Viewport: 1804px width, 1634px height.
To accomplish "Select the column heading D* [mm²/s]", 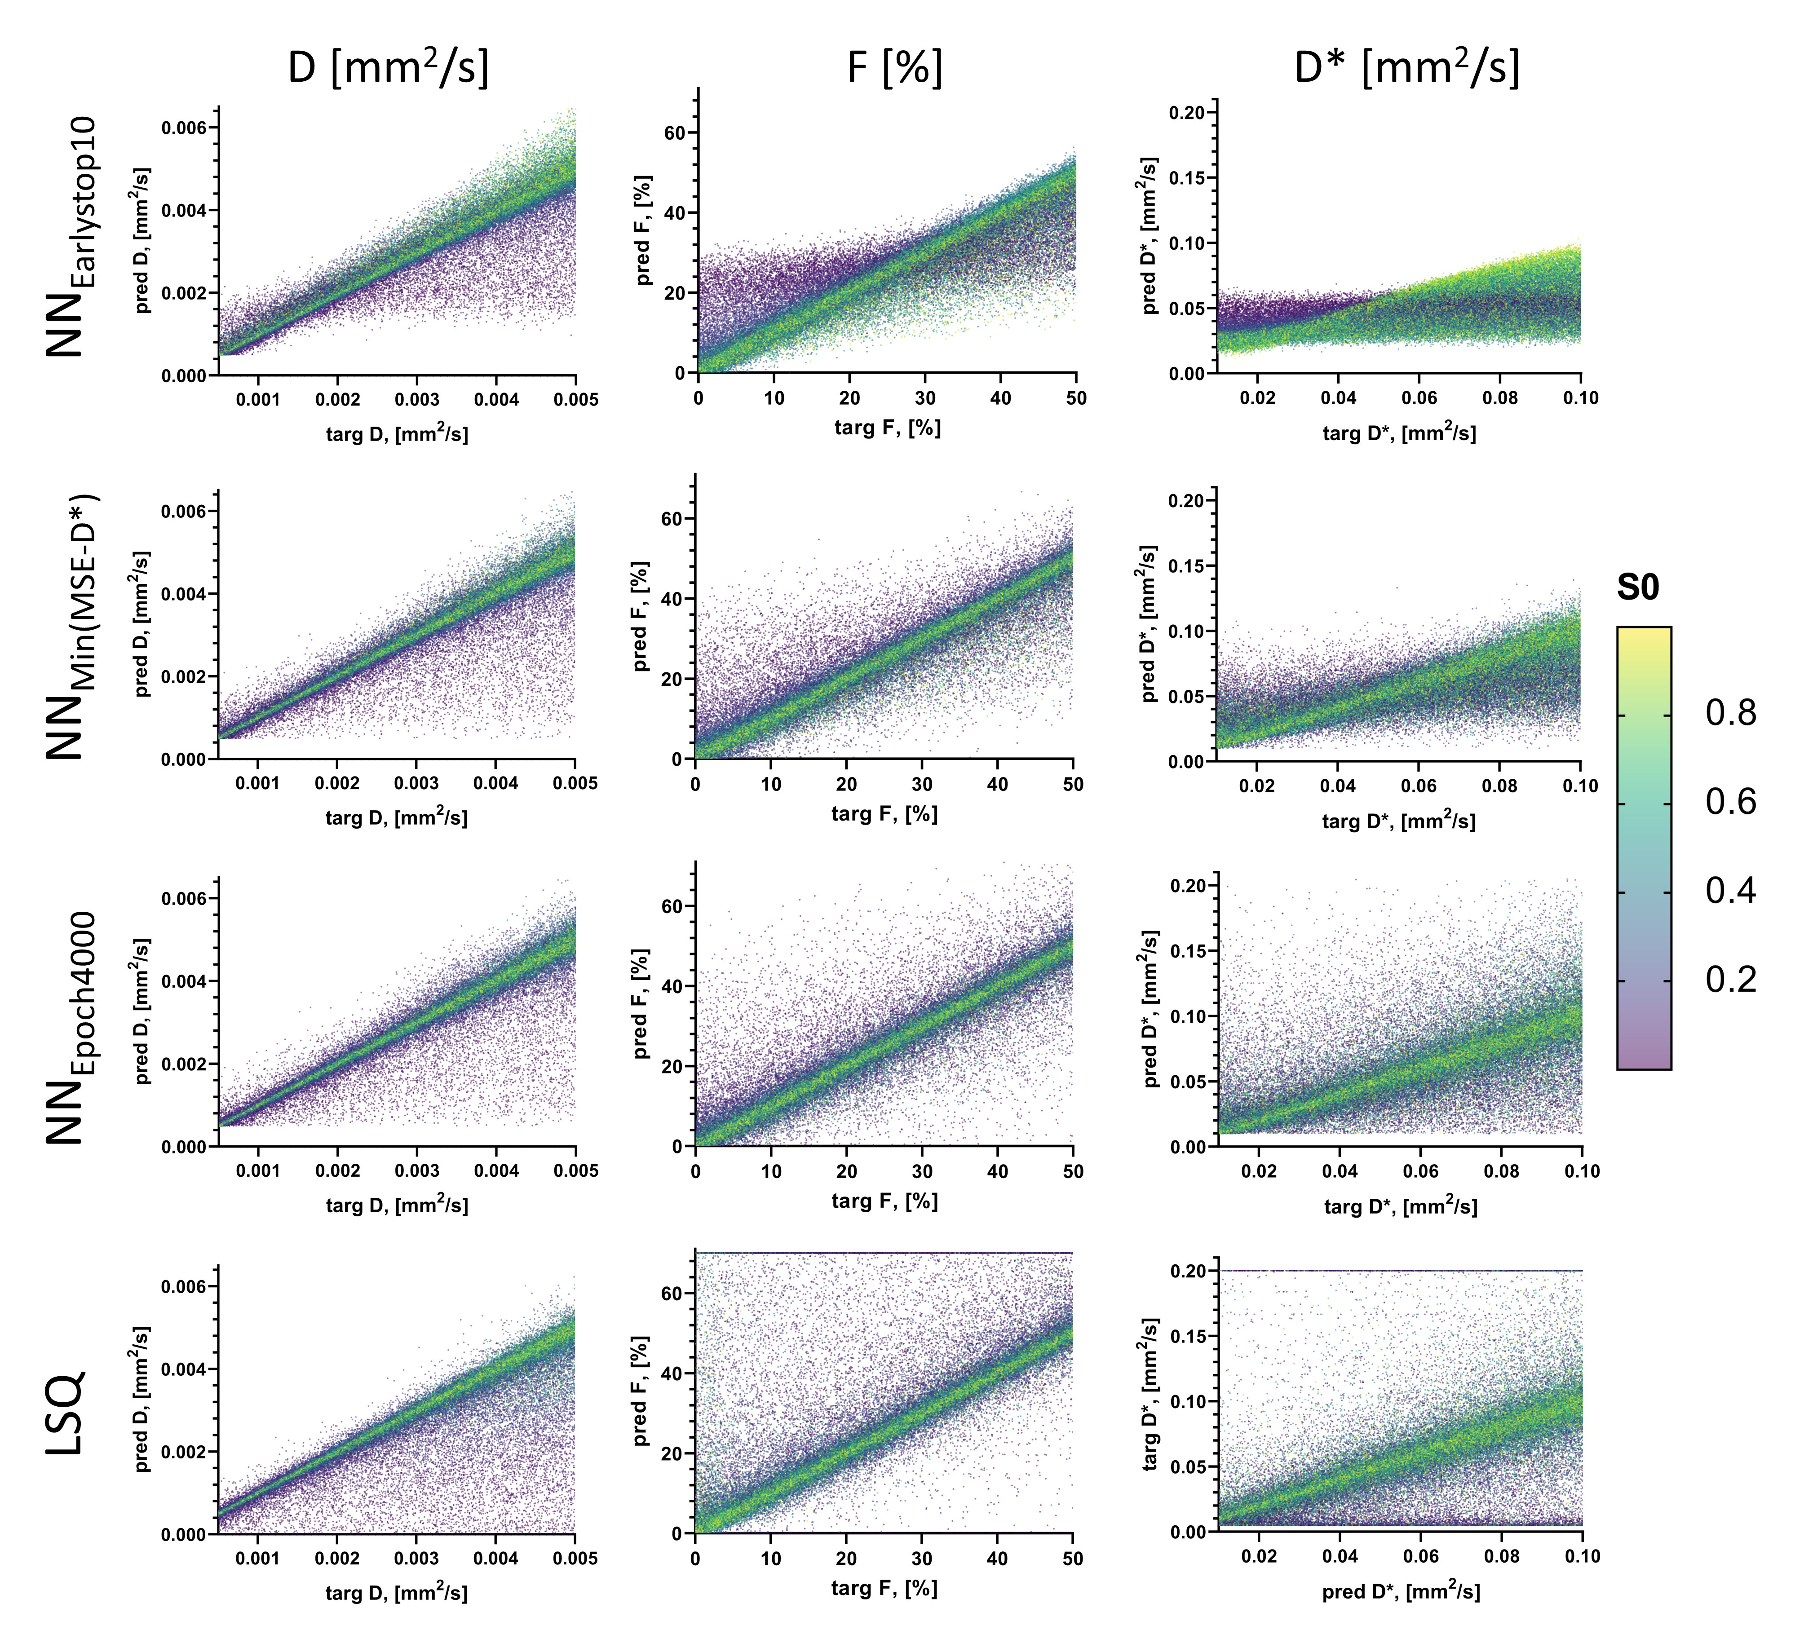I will [1407, 67].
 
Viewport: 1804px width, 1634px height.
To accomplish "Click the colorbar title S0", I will [1637, 588].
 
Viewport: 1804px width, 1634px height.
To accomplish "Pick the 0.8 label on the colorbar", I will [1730, 713].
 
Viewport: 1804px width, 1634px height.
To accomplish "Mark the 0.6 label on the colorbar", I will [1730, 802].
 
